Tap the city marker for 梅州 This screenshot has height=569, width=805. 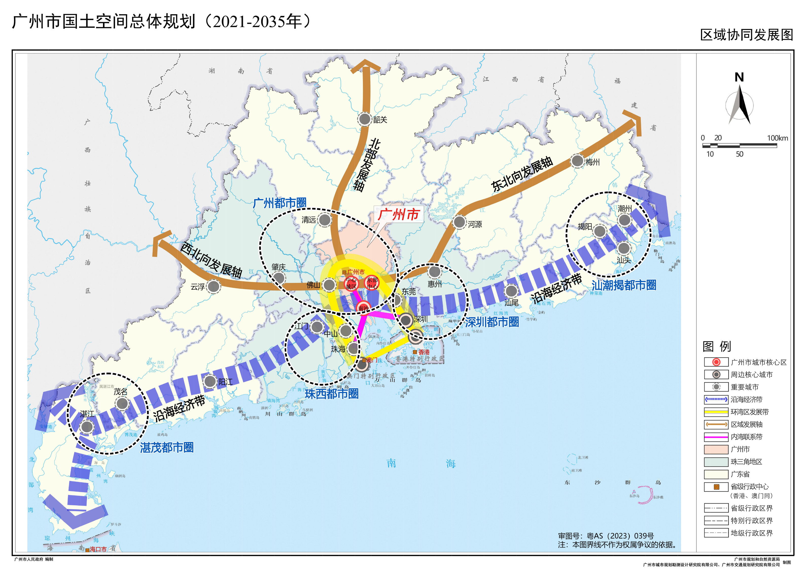(x=577, y=161)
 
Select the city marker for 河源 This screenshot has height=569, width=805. (x=459, y=222)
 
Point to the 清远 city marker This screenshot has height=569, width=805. (x=325, y=220)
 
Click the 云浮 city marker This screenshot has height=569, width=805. (x=213, y=286)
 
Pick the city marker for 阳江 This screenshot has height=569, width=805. (x=210, y=381)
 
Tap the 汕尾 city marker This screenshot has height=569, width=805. (x=511, y=291)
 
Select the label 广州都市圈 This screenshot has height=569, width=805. (x=279, y=203)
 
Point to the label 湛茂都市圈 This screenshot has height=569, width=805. (x=167, y=447)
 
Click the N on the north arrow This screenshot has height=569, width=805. (x=739, y=77)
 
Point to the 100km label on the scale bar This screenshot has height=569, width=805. (x=777, y=138)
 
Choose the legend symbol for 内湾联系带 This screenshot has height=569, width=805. (x=716, y=437)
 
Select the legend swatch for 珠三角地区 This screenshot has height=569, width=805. (x=716, y=462)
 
